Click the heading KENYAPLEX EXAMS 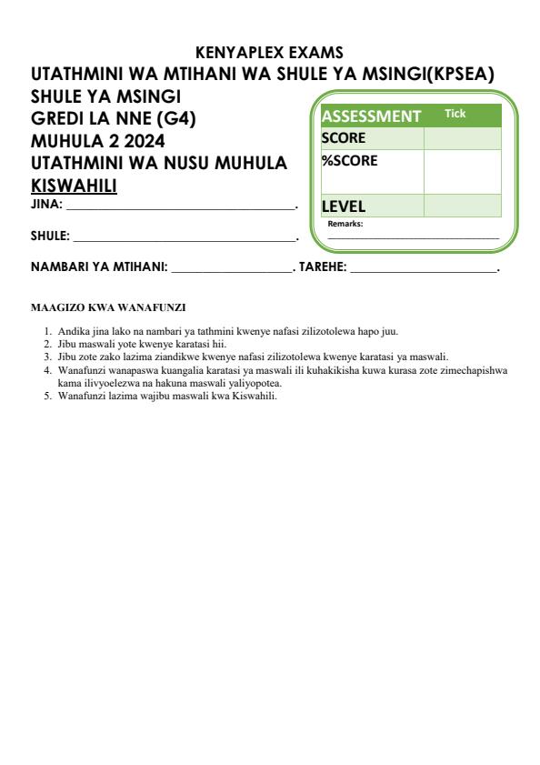[269, 53]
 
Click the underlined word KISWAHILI [75, 186]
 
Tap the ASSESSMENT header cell [371, 116]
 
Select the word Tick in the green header [455, 114]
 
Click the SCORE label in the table [344, 138]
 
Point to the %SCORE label [349, 161]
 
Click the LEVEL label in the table [344, 206]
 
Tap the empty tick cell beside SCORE [462, 138]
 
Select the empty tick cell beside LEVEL [462, 206]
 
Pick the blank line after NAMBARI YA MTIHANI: [230, 270]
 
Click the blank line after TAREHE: [423, 270]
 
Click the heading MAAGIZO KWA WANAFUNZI [108, 307]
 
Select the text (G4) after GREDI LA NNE [177, 117]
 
